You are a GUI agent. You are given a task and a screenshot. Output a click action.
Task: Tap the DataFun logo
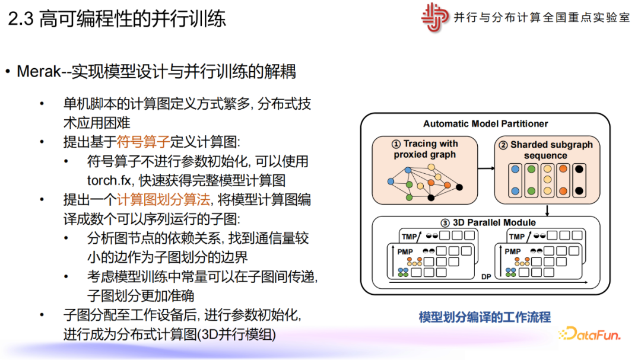[589, 334]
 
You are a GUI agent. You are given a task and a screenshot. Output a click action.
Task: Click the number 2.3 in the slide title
[21, 19]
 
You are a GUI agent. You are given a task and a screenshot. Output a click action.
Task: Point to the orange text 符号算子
[143, 142]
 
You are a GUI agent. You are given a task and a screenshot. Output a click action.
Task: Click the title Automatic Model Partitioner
[485, 123]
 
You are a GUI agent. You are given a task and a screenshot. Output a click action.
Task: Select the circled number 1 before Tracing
[396, 144]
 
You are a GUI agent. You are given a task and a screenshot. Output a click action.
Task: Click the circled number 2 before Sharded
[503, 145]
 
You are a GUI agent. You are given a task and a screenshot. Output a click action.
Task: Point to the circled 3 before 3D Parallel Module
[445, 222]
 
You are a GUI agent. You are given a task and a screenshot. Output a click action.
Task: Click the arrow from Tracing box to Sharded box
[486, 168]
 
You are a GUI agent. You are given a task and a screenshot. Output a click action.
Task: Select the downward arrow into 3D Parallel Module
[547, 211]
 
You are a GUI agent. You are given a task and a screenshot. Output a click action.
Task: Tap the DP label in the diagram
[486, 276]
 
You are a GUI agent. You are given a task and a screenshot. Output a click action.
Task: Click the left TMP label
[409, 237]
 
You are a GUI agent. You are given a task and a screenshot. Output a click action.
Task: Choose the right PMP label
[513, 251]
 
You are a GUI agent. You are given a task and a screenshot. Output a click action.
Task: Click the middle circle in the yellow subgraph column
[547, 179]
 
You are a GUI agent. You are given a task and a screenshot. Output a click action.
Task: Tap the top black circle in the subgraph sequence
[579, 169]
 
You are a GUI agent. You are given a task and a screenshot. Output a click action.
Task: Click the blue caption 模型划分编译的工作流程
[484, 317]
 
